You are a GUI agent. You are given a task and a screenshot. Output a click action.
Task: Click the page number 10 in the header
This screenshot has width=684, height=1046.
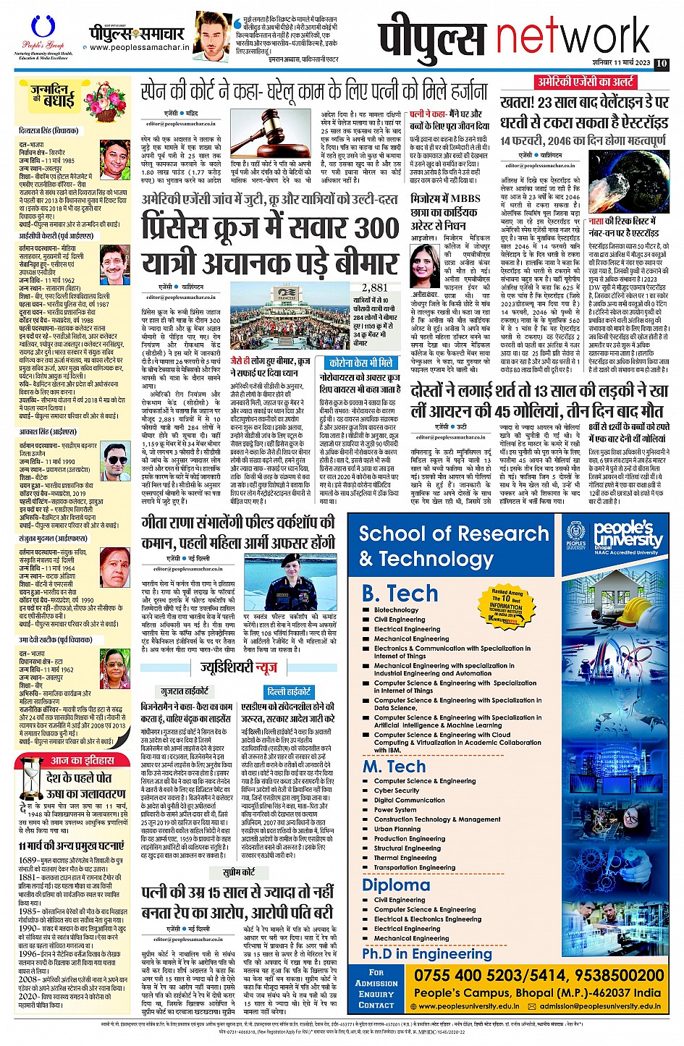(661, 64)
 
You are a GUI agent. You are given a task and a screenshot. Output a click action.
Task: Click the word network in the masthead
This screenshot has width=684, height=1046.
(573, 38)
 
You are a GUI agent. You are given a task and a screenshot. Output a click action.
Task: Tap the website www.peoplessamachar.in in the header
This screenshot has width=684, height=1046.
(139, 48)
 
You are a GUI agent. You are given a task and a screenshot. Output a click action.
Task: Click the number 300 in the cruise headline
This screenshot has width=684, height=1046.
(360, 227)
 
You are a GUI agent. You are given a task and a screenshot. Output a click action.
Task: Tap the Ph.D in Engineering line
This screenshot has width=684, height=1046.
(427, 953)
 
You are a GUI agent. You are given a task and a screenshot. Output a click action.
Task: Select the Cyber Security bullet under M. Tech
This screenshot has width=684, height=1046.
(397, 790)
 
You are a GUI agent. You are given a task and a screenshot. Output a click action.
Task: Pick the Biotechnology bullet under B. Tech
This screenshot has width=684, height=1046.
(396, 610)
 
